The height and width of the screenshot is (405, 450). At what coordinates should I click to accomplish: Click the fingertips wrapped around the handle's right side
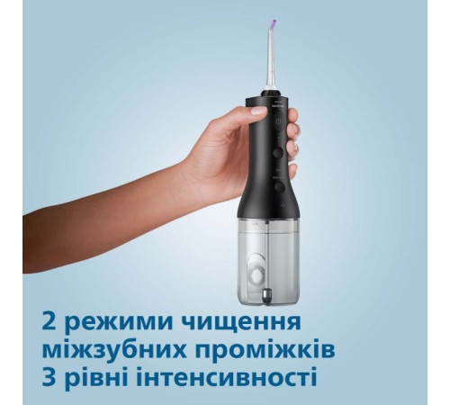coord(293,148)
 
